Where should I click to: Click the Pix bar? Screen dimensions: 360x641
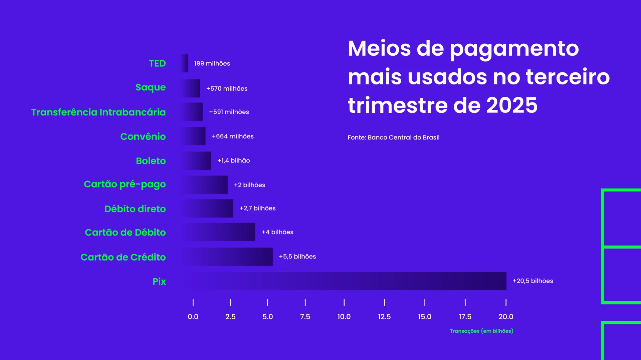pos(344,281)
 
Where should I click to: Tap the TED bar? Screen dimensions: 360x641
pos(185,63)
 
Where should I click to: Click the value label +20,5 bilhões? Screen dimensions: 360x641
pos(532,281)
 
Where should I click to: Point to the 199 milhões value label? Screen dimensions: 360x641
pos(212,63)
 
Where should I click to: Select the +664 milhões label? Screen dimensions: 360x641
pos(233,136)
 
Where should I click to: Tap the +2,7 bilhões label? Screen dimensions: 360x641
pos(257,208)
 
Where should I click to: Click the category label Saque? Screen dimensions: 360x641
pos(151,87)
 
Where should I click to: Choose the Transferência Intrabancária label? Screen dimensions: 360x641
pos(98,112)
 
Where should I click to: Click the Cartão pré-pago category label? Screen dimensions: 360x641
pos(125,184)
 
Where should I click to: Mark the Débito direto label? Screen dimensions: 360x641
pos(135,209)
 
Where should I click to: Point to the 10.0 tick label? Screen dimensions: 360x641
pos(344,317)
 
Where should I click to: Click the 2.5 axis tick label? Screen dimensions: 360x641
pos(230,317)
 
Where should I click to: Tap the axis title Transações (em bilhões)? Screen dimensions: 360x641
pos(481,331)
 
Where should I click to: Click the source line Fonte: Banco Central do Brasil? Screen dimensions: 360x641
pos(393,137)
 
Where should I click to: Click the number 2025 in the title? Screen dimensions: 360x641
pos(511,105)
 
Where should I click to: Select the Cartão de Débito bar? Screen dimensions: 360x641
pos(219,232)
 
